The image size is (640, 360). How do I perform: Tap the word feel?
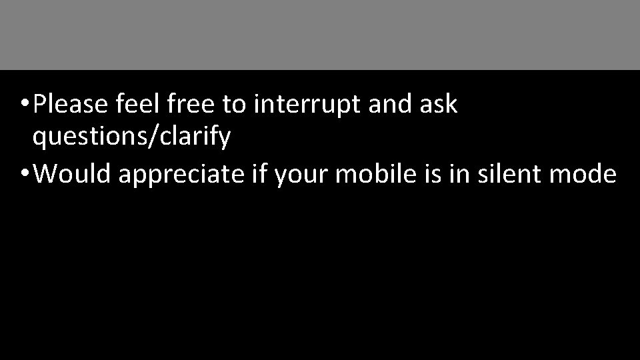click(x=131, y=104)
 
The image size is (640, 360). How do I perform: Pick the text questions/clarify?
click(x=131, y=138)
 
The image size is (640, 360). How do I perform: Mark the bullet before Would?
click(x=24, y=174)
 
